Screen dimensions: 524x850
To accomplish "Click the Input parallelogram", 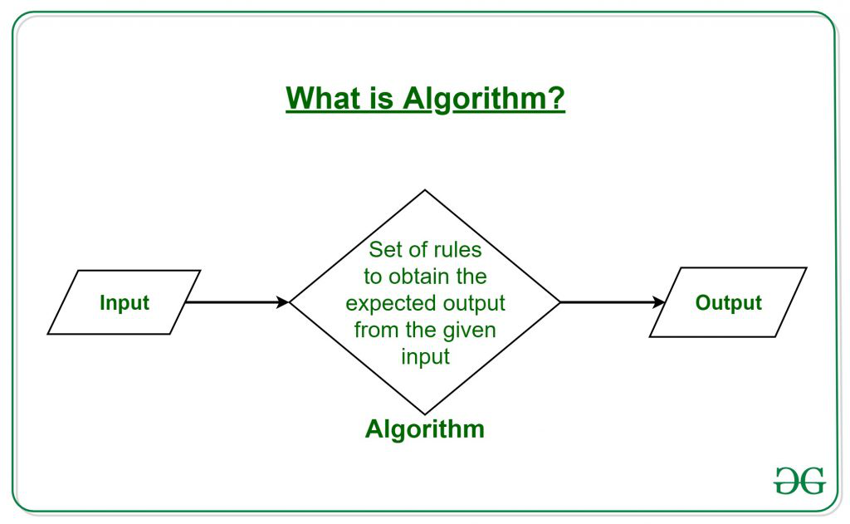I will (x=124, y=302).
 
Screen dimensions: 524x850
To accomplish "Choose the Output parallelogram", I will (x=728, y=302).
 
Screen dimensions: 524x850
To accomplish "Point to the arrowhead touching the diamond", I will (x=283, y=302).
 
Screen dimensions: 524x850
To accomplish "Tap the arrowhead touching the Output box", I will (x=660, y=302).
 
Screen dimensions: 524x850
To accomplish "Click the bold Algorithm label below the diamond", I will (x=424, y=429).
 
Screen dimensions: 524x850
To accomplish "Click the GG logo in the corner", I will (x=799, y=480).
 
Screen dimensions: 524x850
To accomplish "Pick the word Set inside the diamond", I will (x=385, y=249).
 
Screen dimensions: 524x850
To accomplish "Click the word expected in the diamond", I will (x=390, y=302).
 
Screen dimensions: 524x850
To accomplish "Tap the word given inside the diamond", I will (x=469, y=330).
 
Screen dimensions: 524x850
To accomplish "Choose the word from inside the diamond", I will (x=372, y=330).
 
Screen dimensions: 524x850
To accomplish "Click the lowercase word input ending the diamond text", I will (x=425, y=356).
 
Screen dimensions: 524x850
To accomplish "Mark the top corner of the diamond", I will (x=425, y=191).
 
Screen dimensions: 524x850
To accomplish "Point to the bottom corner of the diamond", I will (x=425, y=414).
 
